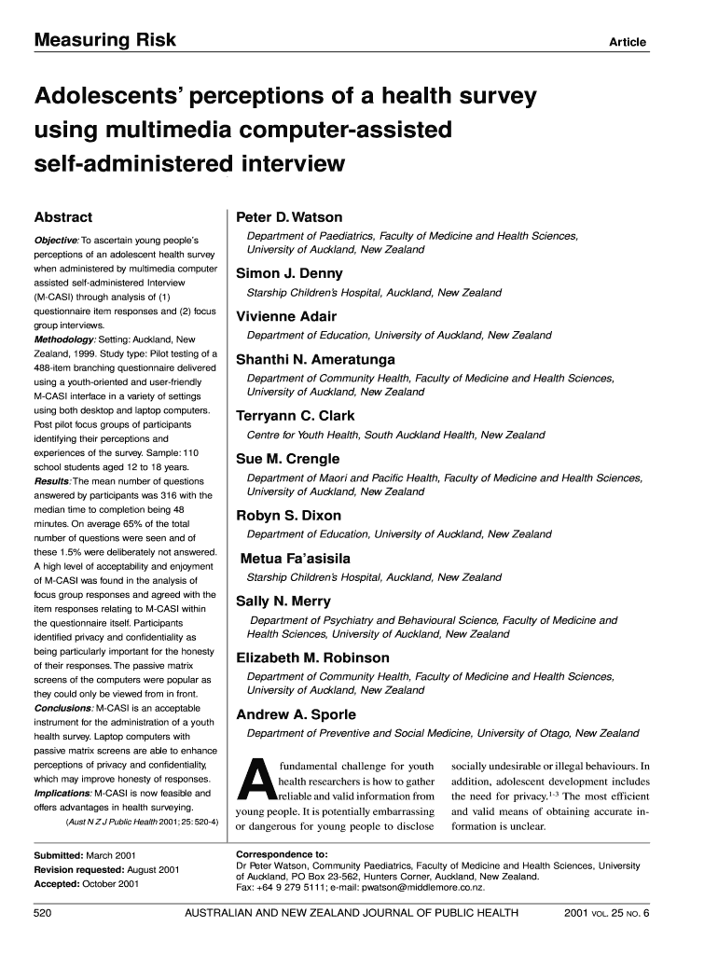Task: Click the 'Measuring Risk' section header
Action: point(104,40)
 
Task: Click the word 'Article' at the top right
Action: point(628,43)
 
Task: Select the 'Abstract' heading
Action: point(63,218)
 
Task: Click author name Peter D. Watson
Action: point(289,217)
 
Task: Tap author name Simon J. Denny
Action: point(289,273)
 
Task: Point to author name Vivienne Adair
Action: point(286,316)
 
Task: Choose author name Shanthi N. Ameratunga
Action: point(315,359)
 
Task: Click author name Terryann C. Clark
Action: point(296,416)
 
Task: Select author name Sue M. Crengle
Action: point(287,459)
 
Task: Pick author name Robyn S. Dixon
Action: point(289,515)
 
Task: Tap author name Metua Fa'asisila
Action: point(296,559)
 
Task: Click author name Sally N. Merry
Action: point(283,602)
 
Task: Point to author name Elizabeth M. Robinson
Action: point(312,657)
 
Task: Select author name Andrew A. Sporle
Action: point(296,714)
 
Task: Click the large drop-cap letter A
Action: point(255,782)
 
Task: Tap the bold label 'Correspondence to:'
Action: point(282,853)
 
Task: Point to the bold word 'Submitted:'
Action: point(58,854)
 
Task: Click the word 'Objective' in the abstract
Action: point(56,241)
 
